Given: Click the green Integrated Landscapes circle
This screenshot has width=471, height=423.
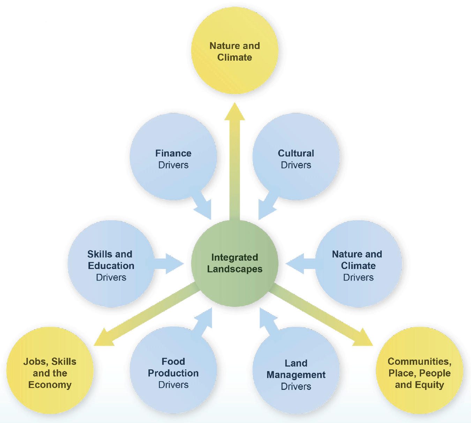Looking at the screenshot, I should click(235, 263).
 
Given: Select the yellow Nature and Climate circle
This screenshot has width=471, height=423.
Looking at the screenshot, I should click(235, 51).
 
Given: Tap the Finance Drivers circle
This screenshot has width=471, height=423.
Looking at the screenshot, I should click(173, 157).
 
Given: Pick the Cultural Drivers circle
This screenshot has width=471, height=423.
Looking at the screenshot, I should click(296, 157).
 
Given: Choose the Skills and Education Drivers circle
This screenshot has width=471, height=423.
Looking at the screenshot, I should click(111, 264).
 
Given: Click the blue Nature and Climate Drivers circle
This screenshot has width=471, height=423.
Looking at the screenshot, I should click(358, 264).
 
